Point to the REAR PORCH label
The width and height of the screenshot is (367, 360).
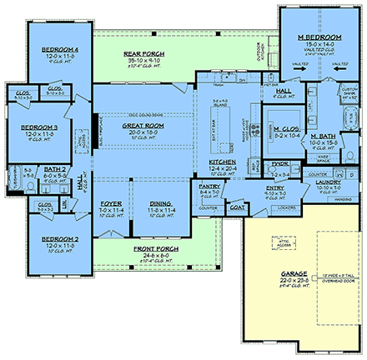tap(145, 54)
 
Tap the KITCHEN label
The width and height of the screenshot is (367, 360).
tap(222, 162)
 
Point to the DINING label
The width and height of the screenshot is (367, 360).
tap(161, 202)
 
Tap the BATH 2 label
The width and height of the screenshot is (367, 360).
tap(53, 169)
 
